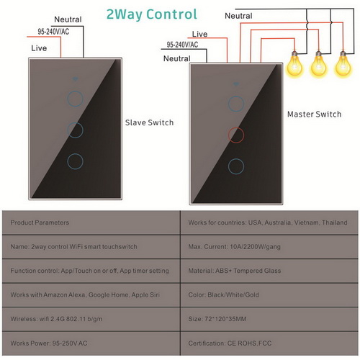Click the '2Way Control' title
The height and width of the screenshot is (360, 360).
point(152,14)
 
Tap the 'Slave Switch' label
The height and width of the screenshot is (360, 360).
point(149,122)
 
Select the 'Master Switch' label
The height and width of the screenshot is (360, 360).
point(314,114)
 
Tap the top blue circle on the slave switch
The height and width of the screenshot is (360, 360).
point(75,91)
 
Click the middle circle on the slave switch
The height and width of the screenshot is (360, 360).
point(75,122)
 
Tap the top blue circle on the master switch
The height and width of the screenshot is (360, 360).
point(236,96)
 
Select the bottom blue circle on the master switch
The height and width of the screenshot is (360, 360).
point(236,158)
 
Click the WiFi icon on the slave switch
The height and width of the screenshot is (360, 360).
point(75,78)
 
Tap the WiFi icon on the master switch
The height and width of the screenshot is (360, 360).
point(236,84)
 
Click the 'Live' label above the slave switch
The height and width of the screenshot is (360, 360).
point(39,48)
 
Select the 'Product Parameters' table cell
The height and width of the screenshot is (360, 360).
point(91,222)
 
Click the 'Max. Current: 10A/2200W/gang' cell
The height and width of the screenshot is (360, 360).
point(269,247)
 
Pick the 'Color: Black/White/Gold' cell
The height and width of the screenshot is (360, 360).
point(269,295)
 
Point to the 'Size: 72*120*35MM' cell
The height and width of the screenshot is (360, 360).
point(269,319)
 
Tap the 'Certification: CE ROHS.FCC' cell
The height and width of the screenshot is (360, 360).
point(269,343)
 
